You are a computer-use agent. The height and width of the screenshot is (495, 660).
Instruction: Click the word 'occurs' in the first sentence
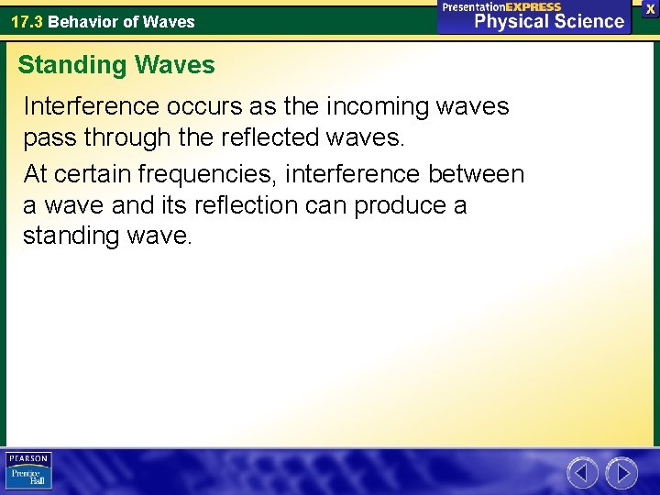[x=206, y=107]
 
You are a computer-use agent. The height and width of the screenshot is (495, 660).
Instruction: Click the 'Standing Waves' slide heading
[x=116, y=66]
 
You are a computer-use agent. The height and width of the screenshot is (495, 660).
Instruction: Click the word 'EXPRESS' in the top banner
[x=533, y=6]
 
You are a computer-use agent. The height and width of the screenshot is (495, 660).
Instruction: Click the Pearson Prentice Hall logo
[x=28, y=471]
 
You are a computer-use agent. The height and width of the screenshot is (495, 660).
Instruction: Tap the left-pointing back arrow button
[x=582, y=473]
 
